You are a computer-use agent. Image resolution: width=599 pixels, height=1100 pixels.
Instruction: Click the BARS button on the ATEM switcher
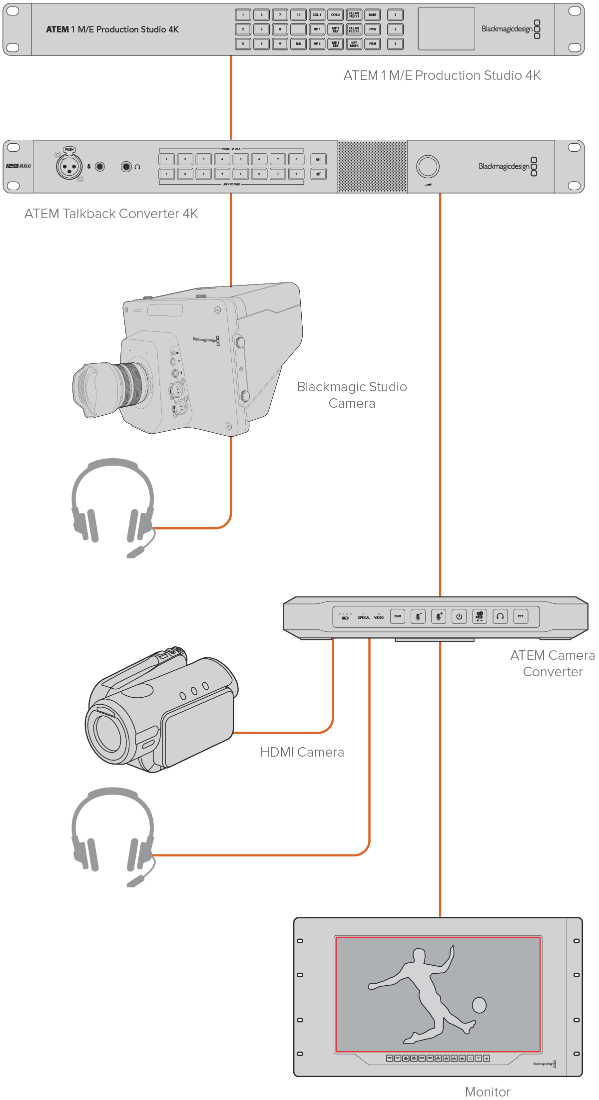coord(372,15)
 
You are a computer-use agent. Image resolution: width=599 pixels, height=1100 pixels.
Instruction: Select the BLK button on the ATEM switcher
coord(298,44)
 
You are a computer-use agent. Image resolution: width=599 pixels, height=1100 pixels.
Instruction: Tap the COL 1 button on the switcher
coord(317,15)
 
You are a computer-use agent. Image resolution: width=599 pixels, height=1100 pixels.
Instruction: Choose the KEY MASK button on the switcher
coord(354,44)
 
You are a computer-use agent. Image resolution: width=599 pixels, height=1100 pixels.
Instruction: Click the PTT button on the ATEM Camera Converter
coord(520,616)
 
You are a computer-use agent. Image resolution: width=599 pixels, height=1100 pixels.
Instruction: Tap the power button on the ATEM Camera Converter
coord(459,616)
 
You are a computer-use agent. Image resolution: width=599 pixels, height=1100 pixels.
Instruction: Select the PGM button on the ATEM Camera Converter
coord(398,616)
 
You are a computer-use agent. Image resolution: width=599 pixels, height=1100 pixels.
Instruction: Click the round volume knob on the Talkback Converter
coord(428,167)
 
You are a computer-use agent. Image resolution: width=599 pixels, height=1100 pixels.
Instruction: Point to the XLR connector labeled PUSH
coord(69,167)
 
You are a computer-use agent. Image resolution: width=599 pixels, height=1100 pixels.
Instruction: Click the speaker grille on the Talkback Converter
coord(372,167)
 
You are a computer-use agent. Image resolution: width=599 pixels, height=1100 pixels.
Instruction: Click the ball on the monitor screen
coord(479,1005)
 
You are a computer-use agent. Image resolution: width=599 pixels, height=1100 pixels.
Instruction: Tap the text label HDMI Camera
coord(302,752)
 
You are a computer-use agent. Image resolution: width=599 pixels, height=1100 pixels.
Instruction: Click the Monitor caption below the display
coord(488,1092)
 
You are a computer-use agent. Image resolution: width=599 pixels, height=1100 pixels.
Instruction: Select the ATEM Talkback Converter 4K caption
coord(111,214)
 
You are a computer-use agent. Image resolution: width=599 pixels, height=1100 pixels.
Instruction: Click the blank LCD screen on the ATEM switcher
coord(446,29)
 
